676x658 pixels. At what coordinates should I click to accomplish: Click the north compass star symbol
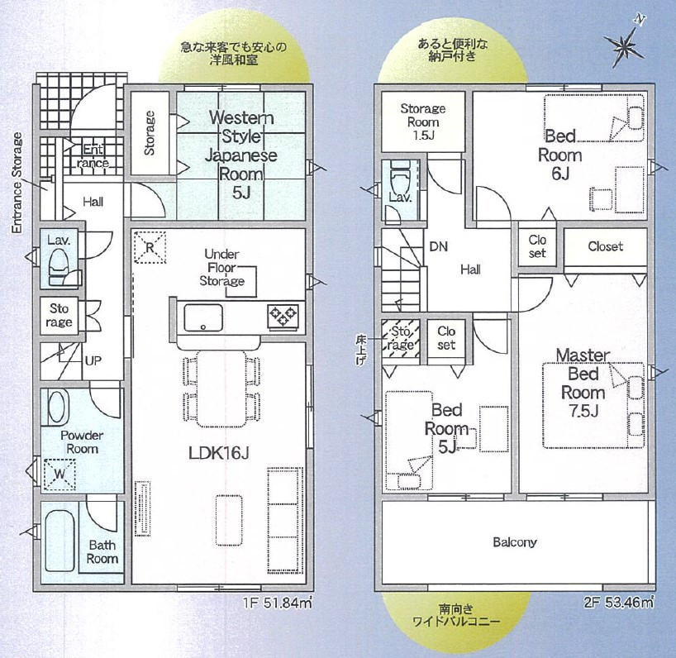624,45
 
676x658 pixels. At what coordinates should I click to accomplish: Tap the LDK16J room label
218,453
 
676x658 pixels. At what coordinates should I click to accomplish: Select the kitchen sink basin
203,317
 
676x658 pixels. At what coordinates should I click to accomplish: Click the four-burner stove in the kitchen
283,317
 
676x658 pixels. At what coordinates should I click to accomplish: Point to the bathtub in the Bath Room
60,541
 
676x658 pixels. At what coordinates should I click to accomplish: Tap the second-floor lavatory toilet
399,177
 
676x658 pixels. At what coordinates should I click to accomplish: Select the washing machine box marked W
60,474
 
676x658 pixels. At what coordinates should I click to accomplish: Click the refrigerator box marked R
150,247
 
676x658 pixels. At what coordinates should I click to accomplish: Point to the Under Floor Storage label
221,267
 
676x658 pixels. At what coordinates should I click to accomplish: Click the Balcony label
515,542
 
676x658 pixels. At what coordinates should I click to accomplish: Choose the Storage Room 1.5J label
422,122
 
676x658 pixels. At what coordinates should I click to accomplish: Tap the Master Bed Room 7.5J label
583,383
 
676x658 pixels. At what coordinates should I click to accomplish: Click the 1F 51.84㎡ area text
277,602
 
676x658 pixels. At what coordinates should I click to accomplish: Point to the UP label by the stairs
93,360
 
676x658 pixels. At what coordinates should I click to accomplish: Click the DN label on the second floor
439,246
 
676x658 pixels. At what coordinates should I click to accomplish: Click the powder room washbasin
57,408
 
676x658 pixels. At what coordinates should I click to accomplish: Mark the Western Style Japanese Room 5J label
241,155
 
